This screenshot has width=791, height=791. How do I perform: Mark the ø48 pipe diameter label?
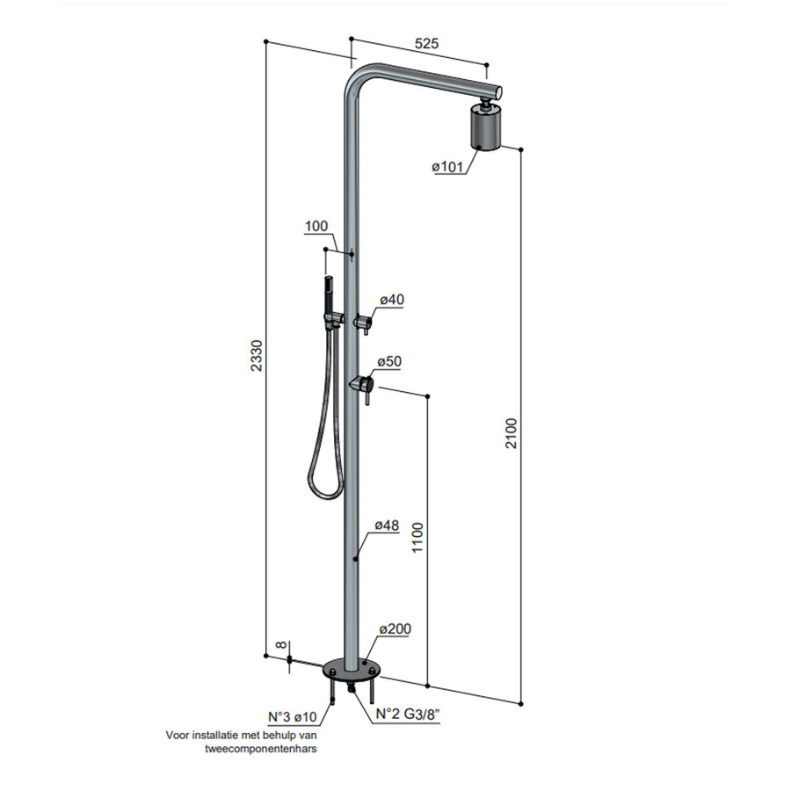pyautogui.click(x=387, y=526)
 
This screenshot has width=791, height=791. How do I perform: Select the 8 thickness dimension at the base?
pyautogui.click(x=280, y=647)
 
